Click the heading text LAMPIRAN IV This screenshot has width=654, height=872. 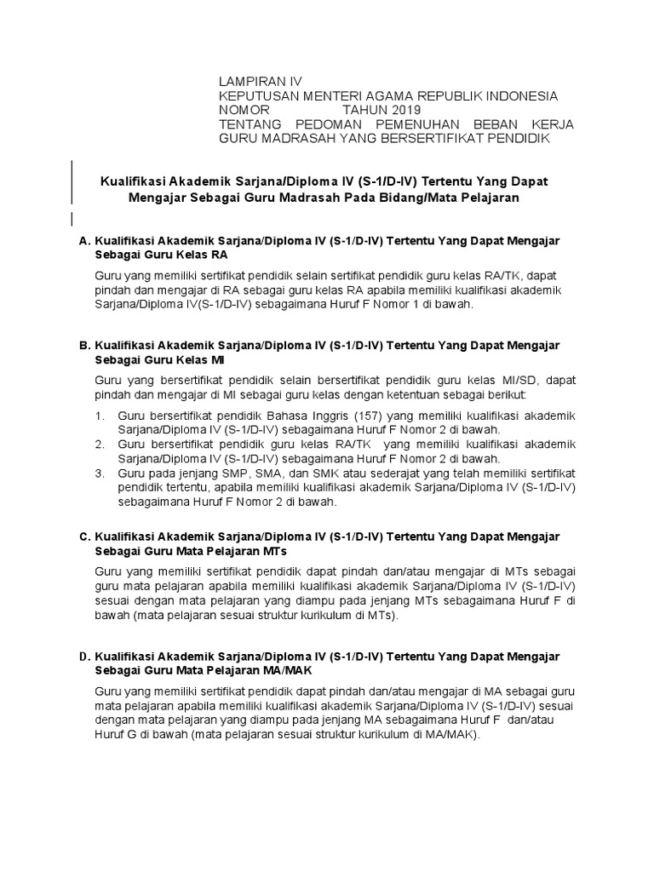255,81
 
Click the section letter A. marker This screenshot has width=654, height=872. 84,241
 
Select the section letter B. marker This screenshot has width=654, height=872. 84,346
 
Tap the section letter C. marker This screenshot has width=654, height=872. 84,536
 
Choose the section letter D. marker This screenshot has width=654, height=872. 84,657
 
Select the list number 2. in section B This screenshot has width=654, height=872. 100,445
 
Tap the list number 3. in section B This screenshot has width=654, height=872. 100,473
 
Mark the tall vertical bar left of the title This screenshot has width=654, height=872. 71,181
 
